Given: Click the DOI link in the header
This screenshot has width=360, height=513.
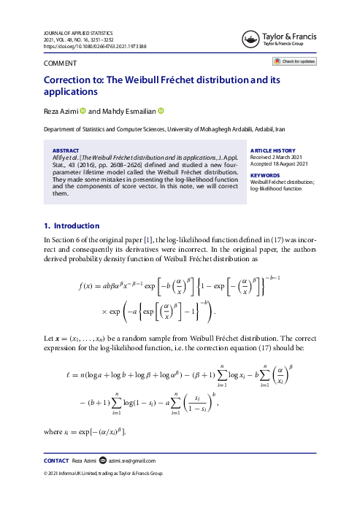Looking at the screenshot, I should click(95, 47).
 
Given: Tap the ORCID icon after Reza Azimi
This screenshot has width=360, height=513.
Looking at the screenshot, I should click(83, 112).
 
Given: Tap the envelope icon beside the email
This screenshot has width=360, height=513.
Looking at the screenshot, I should click(102, 460).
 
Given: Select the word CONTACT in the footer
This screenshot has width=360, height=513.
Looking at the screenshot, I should click(56, 460).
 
